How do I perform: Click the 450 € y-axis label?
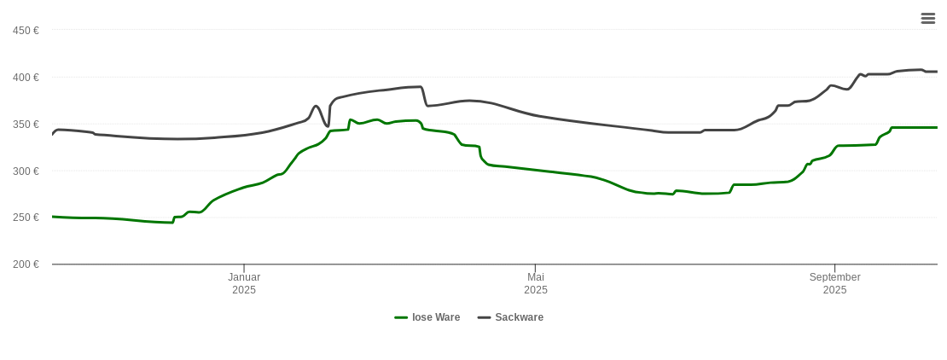[x=26, y=31]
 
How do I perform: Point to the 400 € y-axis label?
[x=26, y=78]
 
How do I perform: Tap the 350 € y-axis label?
[x=26, y=125]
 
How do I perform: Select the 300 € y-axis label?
[x=26, y=171]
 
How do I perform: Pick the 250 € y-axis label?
[x=26, y=218]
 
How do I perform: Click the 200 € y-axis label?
[x=26, y=264]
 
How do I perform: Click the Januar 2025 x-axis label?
[x=244, y=283]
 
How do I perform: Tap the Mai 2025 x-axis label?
[x=536, y=283]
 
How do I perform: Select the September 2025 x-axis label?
[x=834, y=283]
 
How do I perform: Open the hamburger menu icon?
[x=928, y=18]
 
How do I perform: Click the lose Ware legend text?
[x=436, y=317]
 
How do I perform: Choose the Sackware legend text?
[x=519, y=317]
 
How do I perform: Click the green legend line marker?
[x=401, y=317]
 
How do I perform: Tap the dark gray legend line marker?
[x=484, y=317]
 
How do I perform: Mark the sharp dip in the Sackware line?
[x=327, y=126]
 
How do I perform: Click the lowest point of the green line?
[x=171, y=223]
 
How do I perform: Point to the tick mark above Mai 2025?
[x=536, y=269]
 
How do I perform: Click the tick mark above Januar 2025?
[x=244, y=269]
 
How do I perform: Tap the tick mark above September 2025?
[x=834, y=269]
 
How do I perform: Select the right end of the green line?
[x=937, y=127]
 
